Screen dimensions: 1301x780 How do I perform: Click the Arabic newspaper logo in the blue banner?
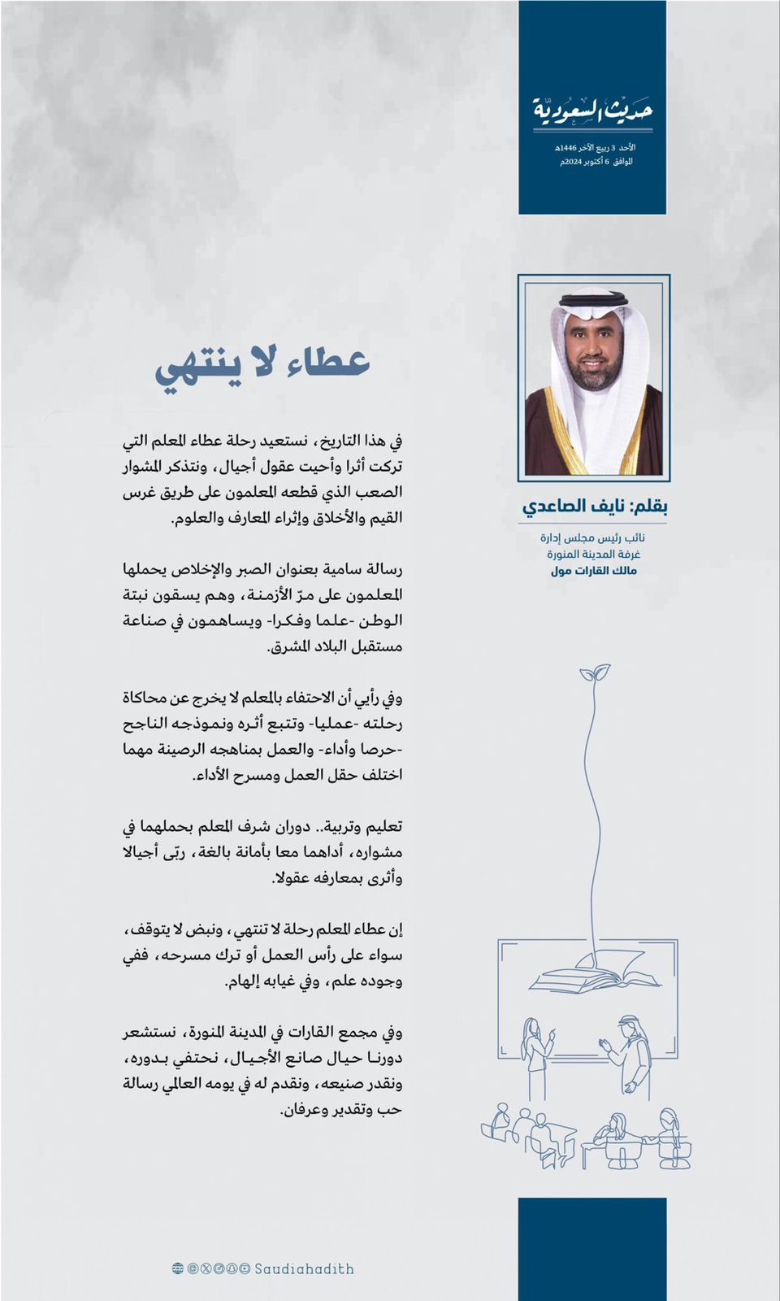coord(593,110)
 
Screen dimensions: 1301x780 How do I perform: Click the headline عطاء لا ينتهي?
coord(262,365)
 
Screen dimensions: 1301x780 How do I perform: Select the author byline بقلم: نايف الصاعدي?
coord(595,507)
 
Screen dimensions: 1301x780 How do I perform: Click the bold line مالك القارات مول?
coord(594,571)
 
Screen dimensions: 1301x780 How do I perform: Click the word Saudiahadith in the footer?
coord(305,1268)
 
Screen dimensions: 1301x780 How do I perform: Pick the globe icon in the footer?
coord(178,1268)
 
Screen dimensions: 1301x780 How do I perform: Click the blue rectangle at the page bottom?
coord(592,1249)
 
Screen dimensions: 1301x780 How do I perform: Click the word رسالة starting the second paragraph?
coord(383,569)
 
